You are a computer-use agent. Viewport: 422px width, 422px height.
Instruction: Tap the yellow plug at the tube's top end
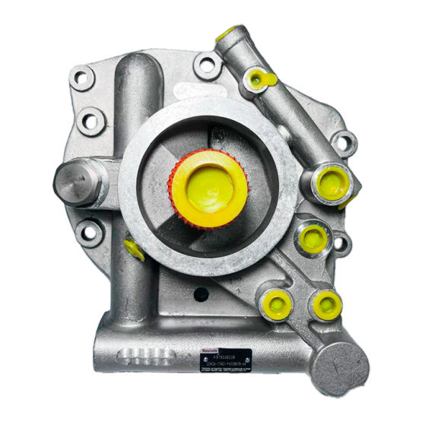click(x=225, y=33)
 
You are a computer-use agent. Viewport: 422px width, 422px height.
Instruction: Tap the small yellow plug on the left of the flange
click(x=134, y=248)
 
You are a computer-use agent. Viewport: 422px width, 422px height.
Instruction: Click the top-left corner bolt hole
click(x=81, y=78)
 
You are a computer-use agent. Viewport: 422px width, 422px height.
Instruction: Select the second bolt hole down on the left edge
click(x=91, y=119)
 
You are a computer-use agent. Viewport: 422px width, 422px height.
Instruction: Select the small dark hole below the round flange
click(x=200, y=293)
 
